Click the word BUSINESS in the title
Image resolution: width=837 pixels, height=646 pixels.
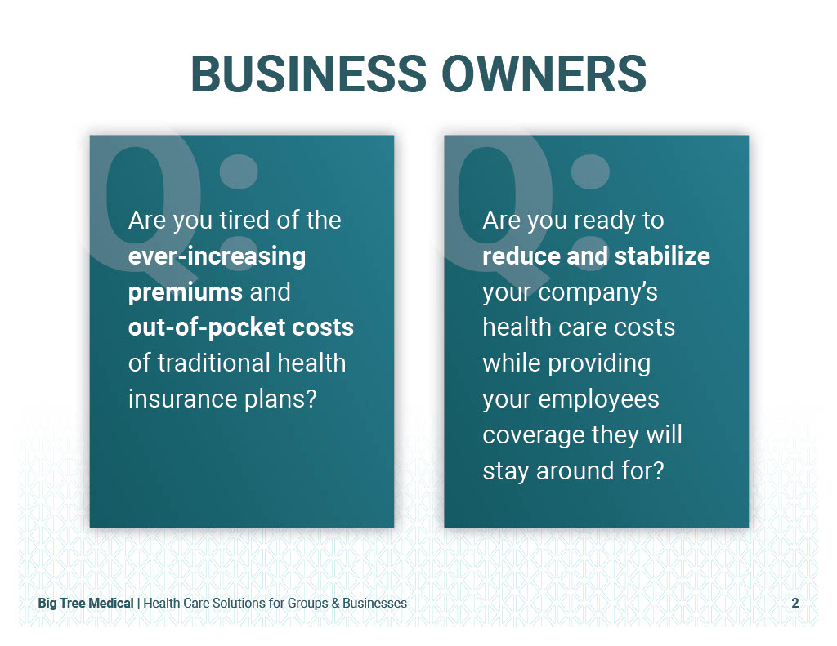(308, 74)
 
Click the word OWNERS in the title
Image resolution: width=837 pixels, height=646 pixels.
(544, 74)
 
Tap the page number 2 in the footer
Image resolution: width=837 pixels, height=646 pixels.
(794, 603)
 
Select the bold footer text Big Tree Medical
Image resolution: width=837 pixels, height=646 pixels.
(85, 604)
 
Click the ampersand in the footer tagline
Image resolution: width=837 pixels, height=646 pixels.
(335, 604)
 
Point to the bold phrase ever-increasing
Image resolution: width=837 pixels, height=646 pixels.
(217, 256)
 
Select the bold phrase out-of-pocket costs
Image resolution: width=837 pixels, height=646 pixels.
(241, 327)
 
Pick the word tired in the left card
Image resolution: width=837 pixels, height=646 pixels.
(245, 221)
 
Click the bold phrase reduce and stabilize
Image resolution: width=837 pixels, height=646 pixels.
(596, 256)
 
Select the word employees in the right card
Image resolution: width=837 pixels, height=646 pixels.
(598, 400)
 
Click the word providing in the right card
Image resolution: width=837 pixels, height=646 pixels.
(599, 364)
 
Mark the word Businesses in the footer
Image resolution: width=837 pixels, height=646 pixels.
(374, 604)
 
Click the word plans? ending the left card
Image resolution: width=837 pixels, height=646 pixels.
(281, 400)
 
